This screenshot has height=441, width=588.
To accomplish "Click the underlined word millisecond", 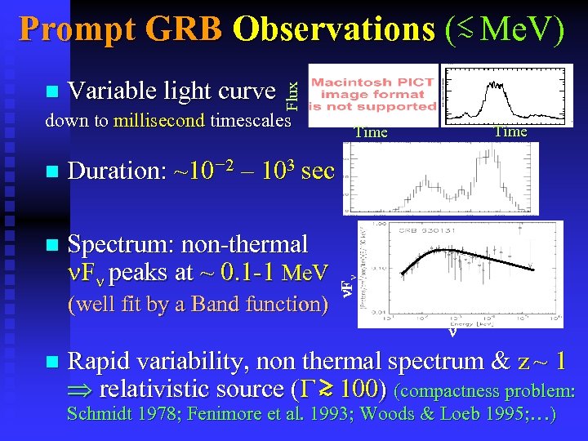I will pos(160,121).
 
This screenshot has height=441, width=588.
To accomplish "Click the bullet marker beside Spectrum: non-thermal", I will pos(53,245).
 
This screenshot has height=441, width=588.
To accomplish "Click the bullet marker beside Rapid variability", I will pos(53,362).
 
